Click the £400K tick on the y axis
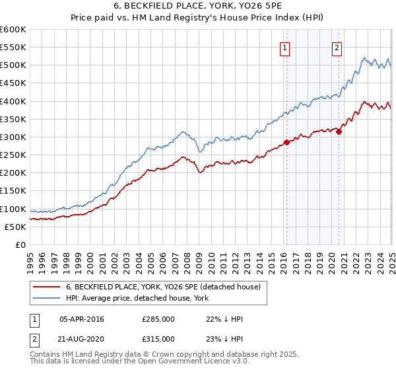tap(13, 101)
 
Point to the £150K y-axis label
tap(13, 191)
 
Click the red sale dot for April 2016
tap(286, 142)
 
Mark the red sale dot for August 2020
tap(339, 131)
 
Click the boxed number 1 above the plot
tap(285, 48)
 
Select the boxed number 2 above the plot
tap(337, 48)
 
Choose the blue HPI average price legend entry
tap(137, 298)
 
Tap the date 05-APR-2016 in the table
tap(82, 319)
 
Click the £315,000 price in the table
tap(158, 338)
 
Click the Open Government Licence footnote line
tap(139, 361)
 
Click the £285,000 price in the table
tap(158, 319)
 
